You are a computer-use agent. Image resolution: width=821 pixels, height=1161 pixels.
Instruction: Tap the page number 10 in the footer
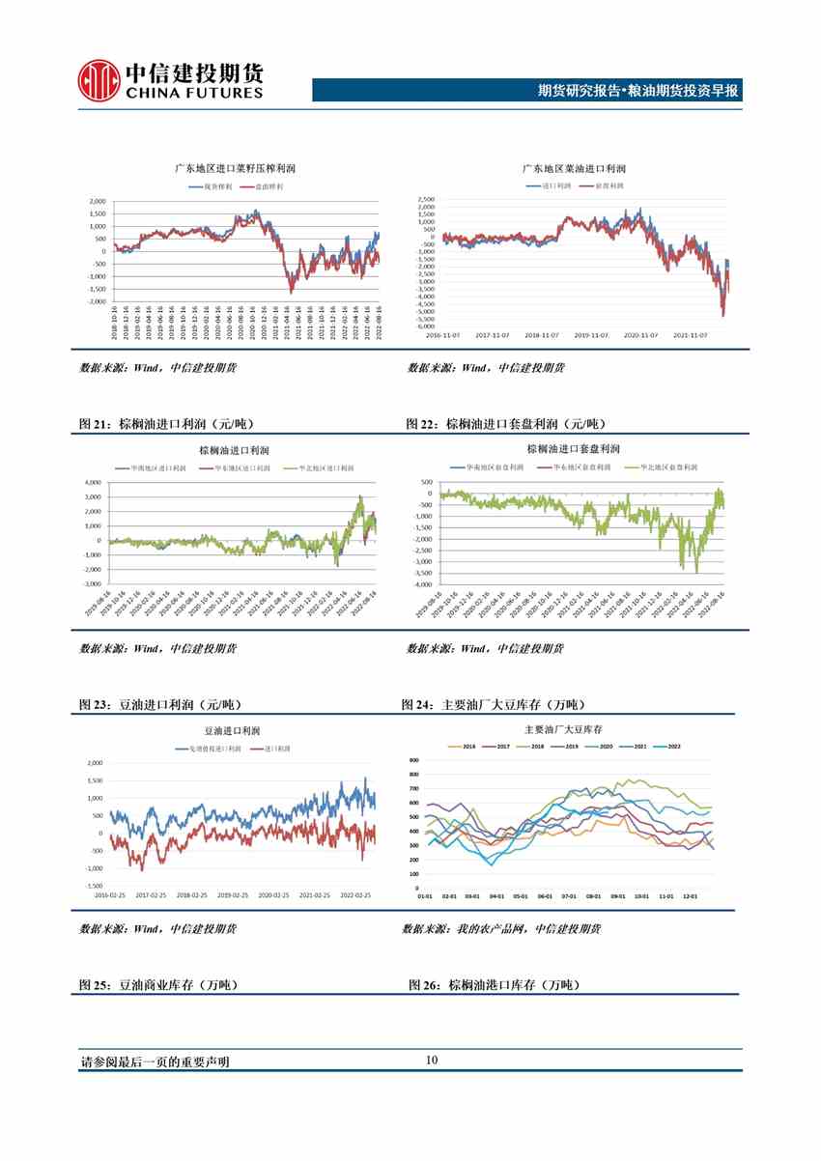pos(431,1061)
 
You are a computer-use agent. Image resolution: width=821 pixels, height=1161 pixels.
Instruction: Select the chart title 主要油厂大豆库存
pos(562,729)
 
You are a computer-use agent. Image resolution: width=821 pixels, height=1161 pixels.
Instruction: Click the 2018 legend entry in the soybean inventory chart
pos(539,747)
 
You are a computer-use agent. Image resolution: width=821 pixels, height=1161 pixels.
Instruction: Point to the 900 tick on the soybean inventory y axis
pos(413,761)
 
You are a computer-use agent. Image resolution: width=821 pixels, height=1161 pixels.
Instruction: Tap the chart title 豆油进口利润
pos(232,731)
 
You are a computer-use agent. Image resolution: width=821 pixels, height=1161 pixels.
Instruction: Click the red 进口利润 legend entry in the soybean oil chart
pos(273,750)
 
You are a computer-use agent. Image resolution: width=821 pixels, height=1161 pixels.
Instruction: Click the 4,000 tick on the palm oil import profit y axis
pos(93,482)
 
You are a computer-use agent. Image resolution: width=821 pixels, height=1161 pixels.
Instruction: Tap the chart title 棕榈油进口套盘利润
pos(574,449)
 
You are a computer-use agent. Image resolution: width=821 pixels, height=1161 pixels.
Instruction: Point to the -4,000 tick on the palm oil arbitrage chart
pos(421,584)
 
